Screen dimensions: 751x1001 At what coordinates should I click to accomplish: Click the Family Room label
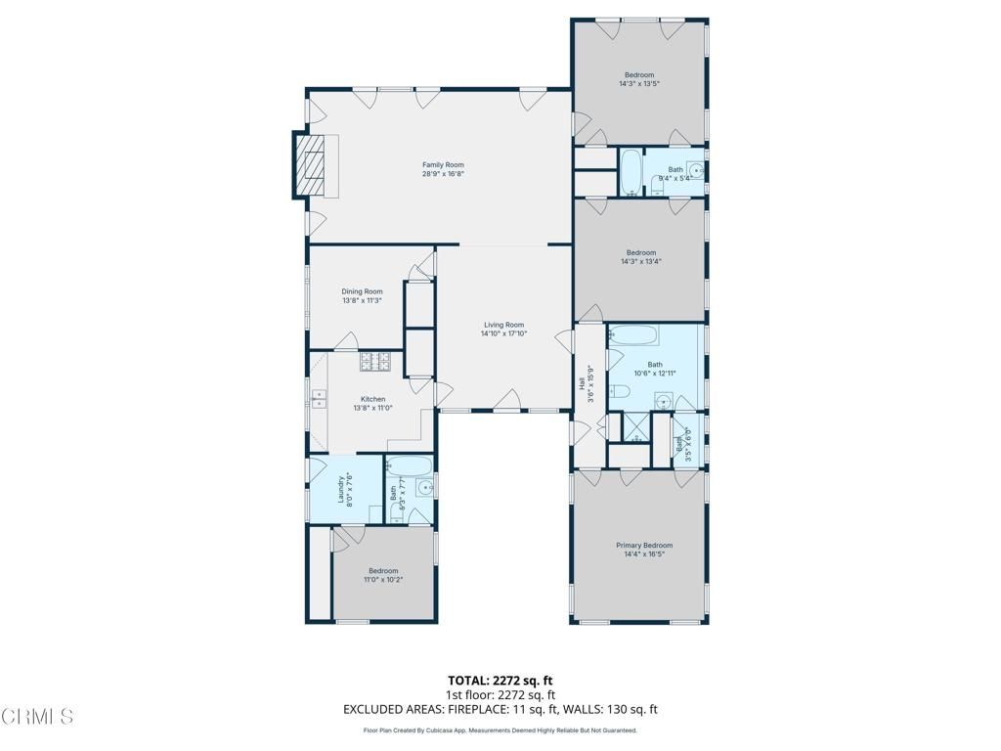[x=443, y=165]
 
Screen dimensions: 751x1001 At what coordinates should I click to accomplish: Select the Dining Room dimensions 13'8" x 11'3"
[x=362, y=301]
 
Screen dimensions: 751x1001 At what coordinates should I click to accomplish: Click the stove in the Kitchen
[x=375, y=362]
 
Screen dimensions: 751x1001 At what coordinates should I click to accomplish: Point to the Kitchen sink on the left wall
[x=320, y=398]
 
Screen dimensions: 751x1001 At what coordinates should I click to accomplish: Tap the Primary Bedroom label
[x=643, y=545]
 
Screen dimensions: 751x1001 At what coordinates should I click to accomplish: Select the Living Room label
[x=503, y=325]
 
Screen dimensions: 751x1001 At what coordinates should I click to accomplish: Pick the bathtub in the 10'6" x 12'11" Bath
[x=632, y=336]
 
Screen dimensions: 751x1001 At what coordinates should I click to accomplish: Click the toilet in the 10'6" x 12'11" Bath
[x=619, y=392]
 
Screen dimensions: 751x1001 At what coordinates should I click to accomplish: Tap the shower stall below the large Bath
[x=635, y=426]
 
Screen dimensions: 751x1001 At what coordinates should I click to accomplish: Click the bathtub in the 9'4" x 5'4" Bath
[x=631, y=173]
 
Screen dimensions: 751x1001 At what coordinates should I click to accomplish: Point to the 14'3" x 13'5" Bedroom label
[x=639, y=75]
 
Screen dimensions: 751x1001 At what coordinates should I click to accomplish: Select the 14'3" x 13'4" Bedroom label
[x=640, y=252]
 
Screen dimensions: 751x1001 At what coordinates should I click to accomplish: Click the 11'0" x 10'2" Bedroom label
[x=383, y=571]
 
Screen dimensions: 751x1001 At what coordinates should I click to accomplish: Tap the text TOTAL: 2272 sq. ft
[x=500, y=681]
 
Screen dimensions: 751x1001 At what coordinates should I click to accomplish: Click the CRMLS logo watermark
[x=37, y=717]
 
